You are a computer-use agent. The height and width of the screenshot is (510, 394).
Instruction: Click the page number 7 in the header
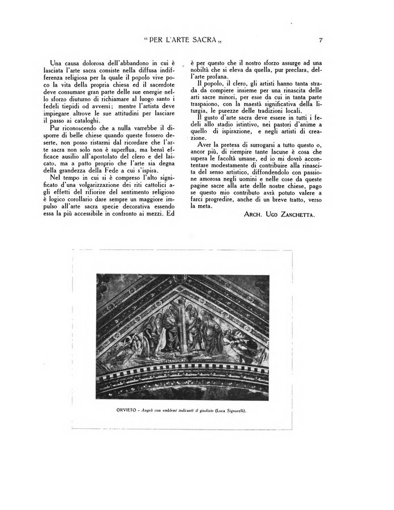pos(321,40)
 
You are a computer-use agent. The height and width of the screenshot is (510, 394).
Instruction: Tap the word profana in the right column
pos(215,76)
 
